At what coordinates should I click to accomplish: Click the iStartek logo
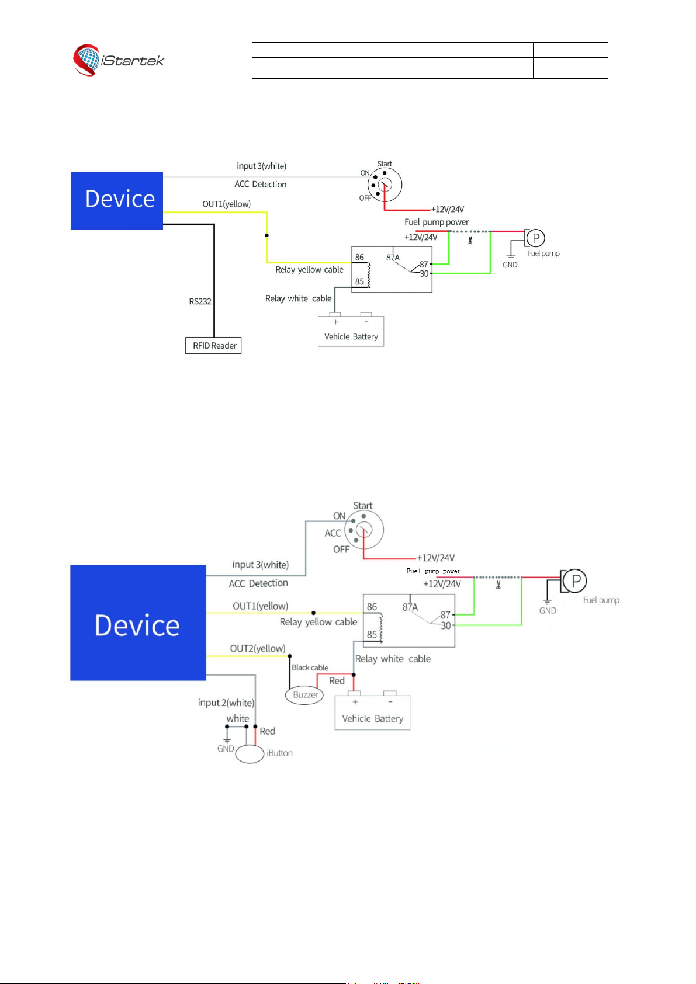118,60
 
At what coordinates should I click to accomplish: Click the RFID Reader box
213,345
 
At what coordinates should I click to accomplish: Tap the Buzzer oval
304,694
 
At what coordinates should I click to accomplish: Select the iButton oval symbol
250,754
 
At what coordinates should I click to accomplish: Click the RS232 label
200,301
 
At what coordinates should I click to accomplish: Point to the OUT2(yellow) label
257,648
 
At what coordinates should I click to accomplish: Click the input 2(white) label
226,703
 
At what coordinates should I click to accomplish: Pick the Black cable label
310,667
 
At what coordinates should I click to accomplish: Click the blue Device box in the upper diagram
117,201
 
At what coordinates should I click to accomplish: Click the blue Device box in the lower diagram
138,623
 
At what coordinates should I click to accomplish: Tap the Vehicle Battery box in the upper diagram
351,331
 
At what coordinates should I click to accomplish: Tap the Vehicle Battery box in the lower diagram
372,712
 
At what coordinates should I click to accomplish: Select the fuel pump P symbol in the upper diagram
535,238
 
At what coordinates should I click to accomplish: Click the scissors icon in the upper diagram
470,240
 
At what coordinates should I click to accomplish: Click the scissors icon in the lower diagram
498,585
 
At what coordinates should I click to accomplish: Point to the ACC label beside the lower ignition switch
333,533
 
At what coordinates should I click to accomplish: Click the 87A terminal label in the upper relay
393,258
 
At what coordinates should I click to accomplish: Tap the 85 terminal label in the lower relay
372,634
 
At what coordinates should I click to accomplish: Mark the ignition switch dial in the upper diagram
385,185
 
